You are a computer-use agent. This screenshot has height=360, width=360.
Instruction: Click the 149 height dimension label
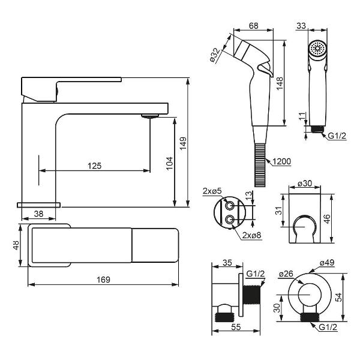click(183, 143)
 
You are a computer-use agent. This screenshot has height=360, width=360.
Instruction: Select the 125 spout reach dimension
click(94, 166)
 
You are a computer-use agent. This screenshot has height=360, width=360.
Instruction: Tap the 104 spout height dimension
click(170, 163)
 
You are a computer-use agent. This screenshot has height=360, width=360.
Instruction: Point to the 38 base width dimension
click(38, 214)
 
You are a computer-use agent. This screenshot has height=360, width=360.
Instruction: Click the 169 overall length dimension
click(103, 280)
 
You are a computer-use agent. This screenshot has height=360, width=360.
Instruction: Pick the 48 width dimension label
click(16, 245)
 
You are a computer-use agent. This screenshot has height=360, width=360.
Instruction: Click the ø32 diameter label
click(215, 55)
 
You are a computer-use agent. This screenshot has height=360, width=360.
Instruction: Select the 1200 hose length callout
click(282, 161)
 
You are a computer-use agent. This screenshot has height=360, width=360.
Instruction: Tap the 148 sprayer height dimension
click(280, 83)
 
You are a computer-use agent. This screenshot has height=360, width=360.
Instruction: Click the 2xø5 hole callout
click(212, 191)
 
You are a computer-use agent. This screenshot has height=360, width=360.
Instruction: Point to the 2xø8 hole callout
click(251, 235)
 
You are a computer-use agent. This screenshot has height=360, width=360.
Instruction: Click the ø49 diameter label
click(327, 262)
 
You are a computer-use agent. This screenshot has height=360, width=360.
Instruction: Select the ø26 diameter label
click(286, 274)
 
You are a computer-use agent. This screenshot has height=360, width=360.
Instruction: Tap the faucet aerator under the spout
click(150, 116)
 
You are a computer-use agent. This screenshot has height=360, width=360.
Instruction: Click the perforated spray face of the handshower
click(317, 49)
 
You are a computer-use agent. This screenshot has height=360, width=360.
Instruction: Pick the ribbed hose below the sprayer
click(260, 165)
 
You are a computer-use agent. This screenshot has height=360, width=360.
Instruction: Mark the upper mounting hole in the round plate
click(230, 205)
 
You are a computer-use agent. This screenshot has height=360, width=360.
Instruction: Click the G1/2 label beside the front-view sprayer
click(337, 136)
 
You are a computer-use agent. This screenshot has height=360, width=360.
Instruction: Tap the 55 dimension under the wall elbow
click(236, 327)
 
